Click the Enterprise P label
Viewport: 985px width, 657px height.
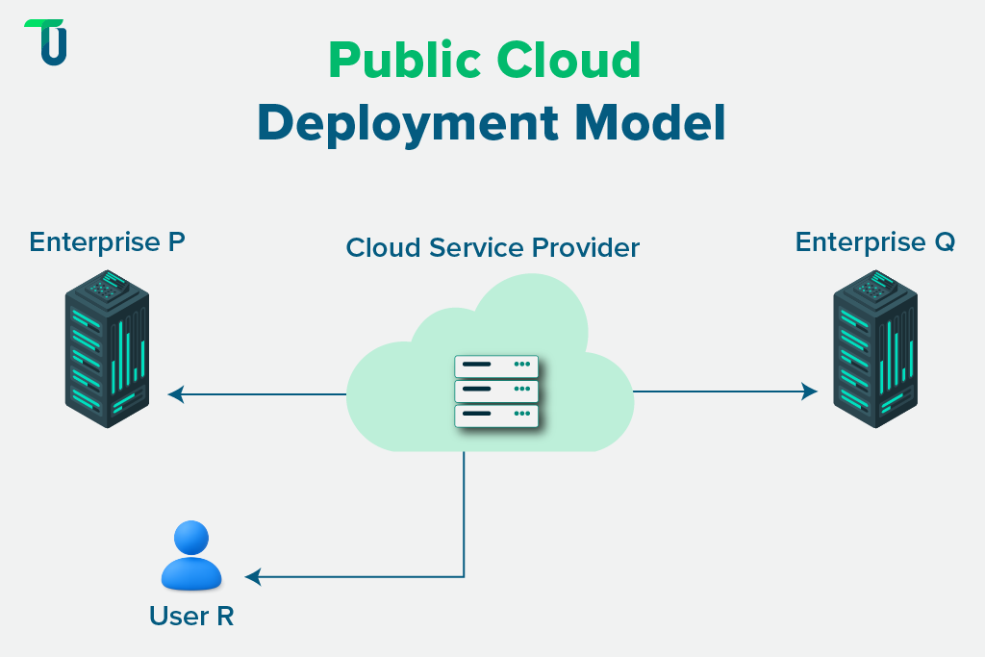[x=107, y=241]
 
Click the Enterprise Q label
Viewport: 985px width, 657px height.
[x=874, y=241]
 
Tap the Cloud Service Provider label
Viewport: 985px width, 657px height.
[x=492, y=247]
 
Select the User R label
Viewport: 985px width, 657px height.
[x=191, y=616]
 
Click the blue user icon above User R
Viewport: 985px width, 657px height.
[x=190, y=555]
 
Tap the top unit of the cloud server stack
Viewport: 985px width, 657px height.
[x=496, y=366]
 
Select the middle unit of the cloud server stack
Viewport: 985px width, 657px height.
[x=496, y=390]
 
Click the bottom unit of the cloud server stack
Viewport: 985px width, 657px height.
[x=496, y=415]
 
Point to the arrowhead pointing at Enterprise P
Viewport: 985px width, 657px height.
[x=175, y=393]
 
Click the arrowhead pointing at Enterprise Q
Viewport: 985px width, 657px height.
[x=811, y=392]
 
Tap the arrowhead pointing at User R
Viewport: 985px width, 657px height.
[x=252, y=577]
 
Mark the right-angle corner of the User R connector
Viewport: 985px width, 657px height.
[x=465, y=577]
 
